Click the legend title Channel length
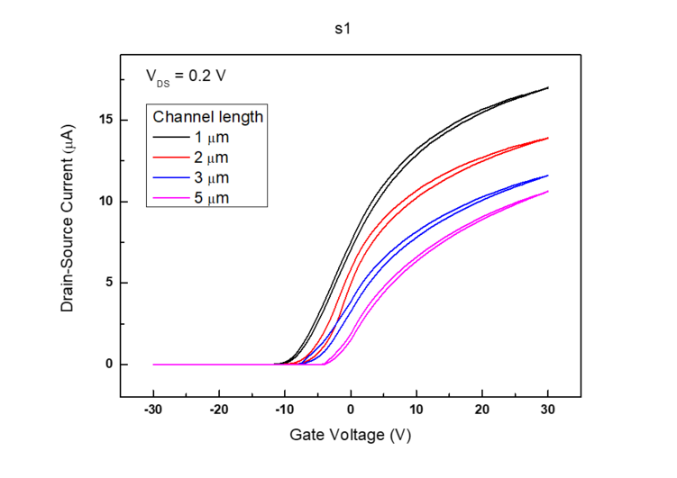coord(207,117)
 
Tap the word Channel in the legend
coord(180,117)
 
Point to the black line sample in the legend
coord(169,138)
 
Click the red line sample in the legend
coord(169,158)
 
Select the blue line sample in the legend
coord(169,177)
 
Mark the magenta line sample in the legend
coord(169,197)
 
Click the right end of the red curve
coord(550,138)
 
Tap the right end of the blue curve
coord(550,175)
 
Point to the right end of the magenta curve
coord(550,191)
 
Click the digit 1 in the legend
coord(197,138)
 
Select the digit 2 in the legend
coord(197,158)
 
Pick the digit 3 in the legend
coord(197,177)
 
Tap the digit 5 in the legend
coord(197,197)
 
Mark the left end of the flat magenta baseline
coord(152,365)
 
